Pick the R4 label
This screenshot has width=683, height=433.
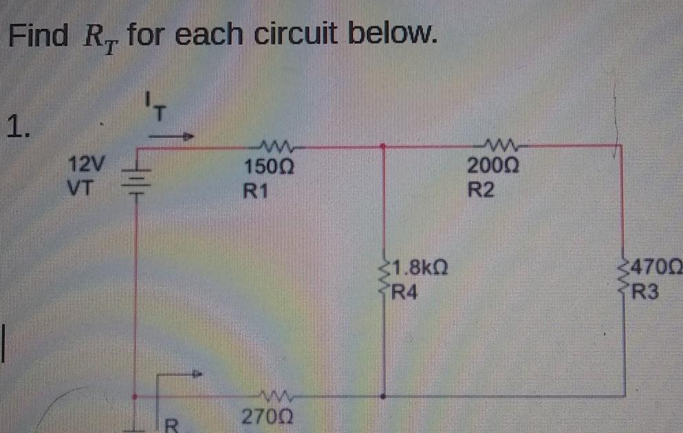pyautogui.click(x=404, y=291)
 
